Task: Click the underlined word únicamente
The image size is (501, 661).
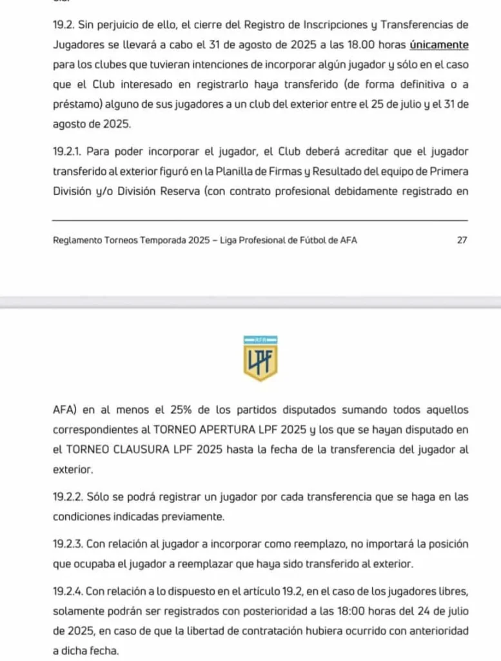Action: click(438, 45)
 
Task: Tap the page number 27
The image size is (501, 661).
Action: click(462, 240)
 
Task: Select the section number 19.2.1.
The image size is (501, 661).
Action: click(67, 152)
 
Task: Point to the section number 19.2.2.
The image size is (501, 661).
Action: click(68, 498)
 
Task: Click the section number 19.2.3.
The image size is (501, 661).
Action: click(68, 544)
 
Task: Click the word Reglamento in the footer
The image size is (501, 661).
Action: click(80, 240)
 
